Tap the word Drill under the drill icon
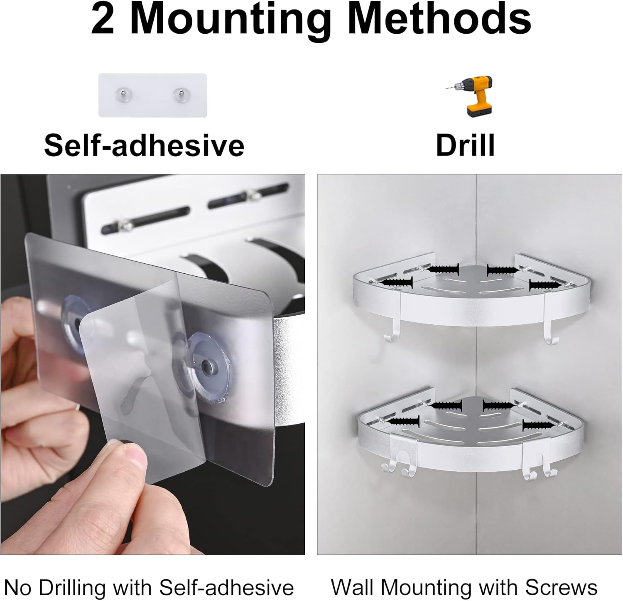(465, 145)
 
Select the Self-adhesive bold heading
(144, 145)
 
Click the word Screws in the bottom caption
(561, 587)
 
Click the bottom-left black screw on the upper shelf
(396, 283)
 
